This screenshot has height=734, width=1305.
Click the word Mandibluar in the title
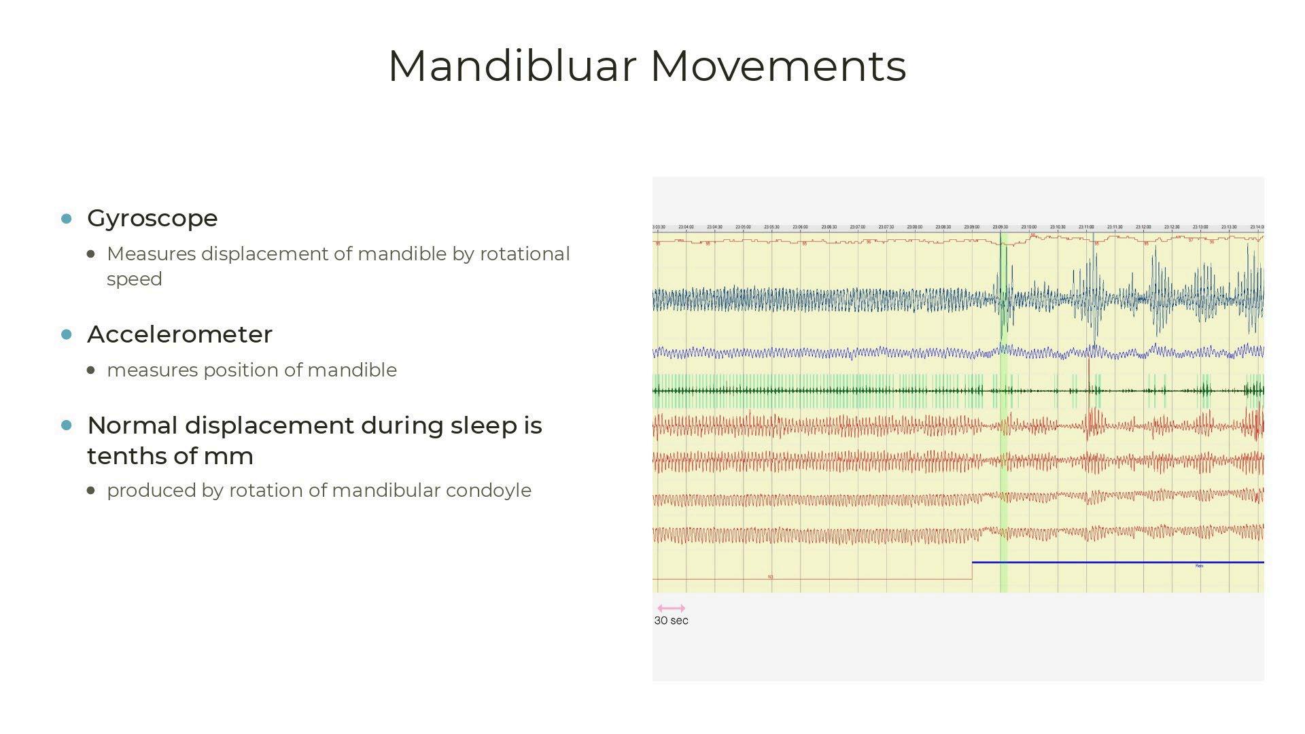pyautogui.click(x=511, y=67)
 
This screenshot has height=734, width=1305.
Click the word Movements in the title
pyautogui.click(x=778, y=67)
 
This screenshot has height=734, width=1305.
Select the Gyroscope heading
pyautogui.click(x=152, y=218)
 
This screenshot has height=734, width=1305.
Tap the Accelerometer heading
pyautogui.click(x=179, y=334)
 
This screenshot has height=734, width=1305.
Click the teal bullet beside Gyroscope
pyautogui.click(x=67, y=218)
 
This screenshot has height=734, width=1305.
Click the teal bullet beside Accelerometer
pyautogui.click(x=67, y=334)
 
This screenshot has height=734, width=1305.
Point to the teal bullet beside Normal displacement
pyautogui.click(x=67, y=425)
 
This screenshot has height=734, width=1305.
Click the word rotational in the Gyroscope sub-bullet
pyautogui.click(x=525, y=254)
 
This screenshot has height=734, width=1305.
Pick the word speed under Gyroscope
pyautogui.click(x=135, y=279)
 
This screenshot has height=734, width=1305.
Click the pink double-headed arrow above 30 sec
pyautogui.click(x=671, y=608)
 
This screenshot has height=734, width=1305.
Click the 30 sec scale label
pyautogui.click(x=671, y=621)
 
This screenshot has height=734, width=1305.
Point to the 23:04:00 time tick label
pyautogui.click(x=686, y=227)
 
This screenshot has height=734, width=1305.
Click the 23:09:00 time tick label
pyautogui.click(x=971, y=227)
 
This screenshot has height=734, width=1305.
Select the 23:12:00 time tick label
pyautogui.click(x=1143, y=227)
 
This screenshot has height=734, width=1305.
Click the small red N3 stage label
pyautogui.click(x=771, y=577)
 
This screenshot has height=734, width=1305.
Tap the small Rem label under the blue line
pyautogui.click(x=1199, y=565)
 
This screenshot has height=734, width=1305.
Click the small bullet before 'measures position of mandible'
pyautogui.click(x=92, y=370)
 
